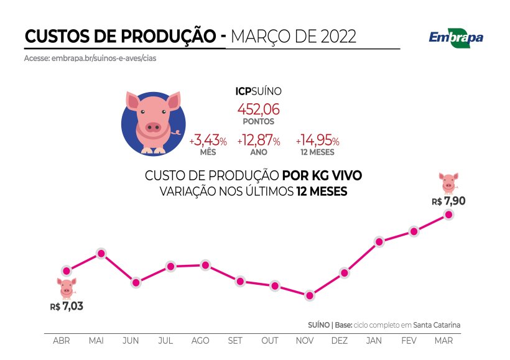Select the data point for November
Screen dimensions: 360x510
[x=309, y=295]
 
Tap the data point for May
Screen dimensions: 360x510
[x=101, y=253]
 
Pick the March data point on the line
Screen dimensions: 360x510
[x=448, y=215]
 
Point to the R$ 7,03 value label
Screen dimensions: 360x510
[x=67, y=306]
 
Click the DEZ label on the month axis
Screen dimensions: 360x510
[x=340, y=341]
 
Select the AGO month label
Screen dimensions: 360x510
[x=200, y=341]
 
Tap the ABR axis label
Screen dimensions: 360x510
[x=62, y=341]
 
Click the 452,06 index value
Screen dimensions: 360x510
[x=258, y=109]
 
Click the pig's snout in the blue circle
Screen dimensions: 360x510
[x=153, y=127]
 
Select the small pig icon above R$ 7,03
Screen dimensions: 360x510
[x=67, y=288]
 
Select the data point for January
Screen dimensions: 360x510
[x=378, y=241]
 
